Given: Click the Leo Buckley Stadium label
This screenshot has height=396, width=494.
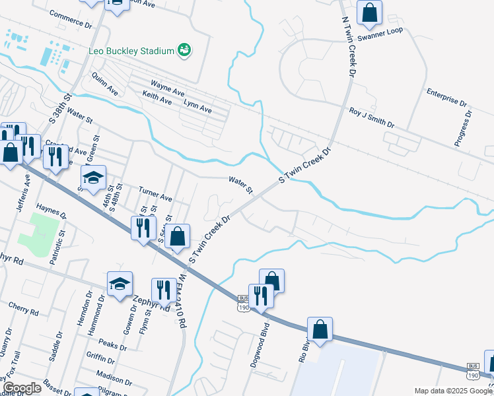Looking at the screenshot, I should coord(131,51).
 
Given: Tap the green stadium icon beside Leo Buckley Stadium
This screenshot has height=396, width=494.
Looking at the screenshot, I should coord(185,50).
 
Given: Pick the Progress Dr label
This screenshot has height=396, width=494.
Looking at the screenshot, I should coord(464,128).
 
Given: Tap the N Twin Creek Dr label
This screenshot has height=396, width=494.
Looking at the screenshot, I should coord(346,39).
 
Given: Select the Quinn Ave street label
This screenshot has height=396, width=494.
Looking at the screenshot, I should coord(106,82).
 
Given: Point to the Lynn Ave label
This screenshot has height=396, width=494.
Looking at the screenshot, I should coord(197,106).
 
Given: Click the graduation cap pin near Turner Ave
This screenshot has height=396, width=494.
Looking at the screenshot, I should coord(94,177).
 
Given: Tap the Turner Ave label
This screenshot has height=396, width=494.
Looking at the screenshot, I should coord(155,194).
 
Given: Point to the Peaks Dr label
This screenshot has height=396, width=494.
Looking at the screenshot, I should coord(112,344).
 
